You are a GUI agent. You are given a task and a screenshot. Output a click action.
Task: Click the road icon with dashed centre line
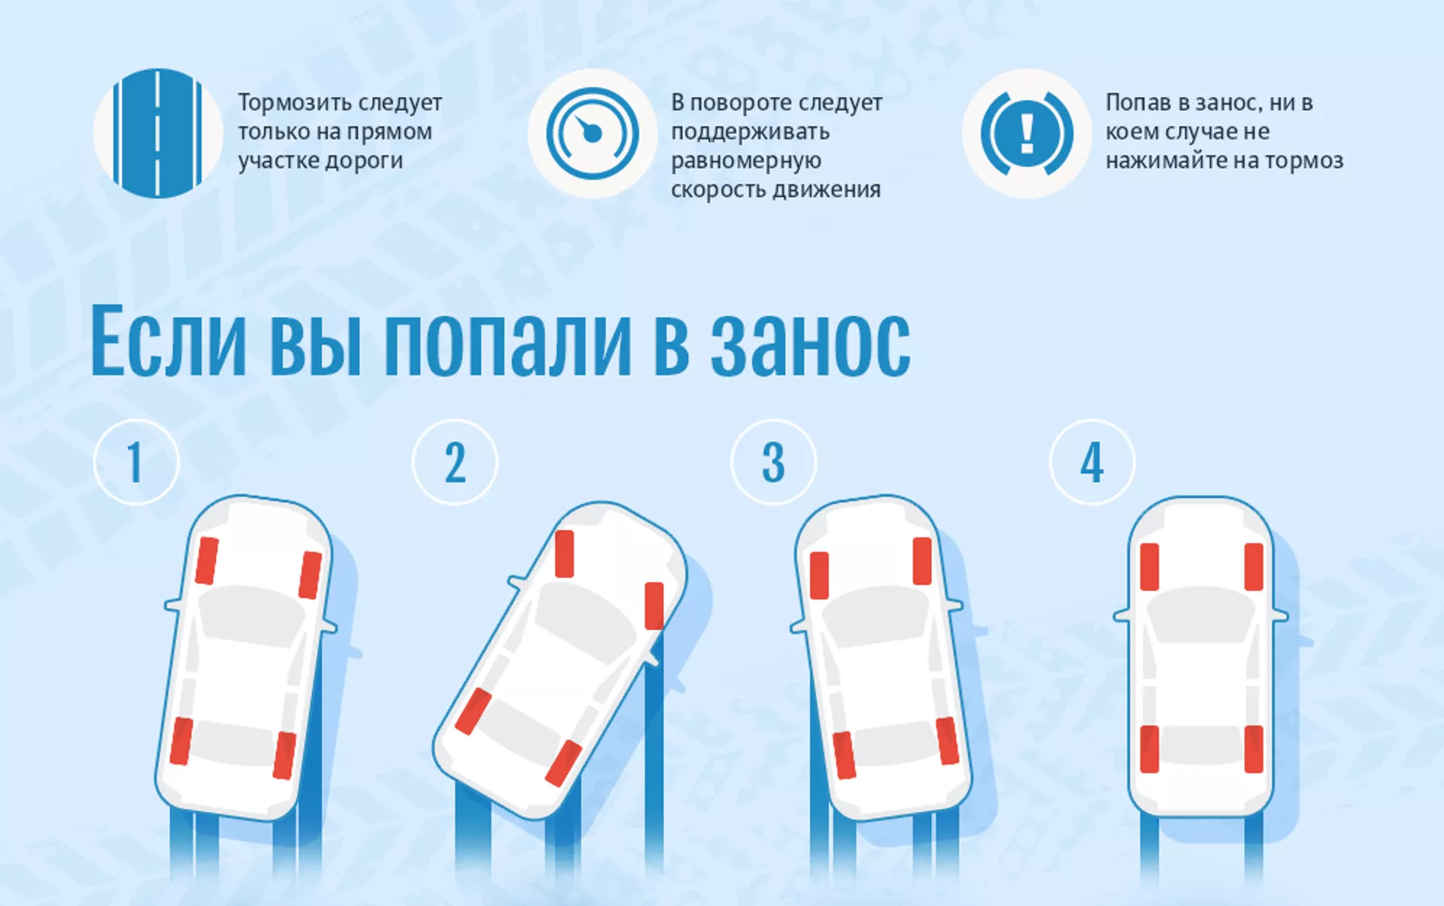pyautogui.click(x=158, y=134)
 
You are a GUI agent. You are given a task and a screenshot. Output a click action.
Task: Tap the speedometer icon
pyautogui.click(x=593, y=134)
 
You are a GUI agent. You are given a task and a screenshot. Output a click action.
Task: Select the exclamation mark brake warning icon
pyautogui.click(x=1027, y=134)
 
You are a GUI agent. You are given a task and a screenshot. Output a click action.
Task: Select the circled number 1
pyautogui.click(x=136, y=462)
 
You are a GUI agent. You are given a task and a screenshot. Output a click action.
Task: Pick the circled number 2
pyautogui.click(x=455, y=462)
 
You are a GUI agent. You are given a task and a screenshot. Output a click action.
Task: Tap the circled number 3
pyautogui.click(x=773, y=462)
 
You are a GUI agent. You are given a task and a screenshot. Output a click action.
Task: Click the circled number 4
pyautogui.click(x=1092, y=462)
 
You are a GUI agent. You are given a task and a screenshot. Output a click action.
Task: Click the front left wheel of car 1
pyautogui.click(x=207, y=560)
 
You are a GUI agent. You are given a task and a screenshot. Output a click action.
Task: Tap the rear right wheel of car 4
pyautogui.click(x=1254, y=749)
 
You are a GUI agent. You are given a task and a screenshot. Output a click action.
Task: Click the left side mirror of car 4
pyautogui.click(x=1121, y=616)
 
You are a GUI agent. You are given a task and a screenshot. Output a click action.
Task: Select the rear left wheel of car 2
pyautogui.click(x=474, y=711)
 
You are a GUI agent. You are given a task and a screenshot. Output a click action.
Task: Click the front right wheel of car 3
pyautogui.click(x=923, y=561)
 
